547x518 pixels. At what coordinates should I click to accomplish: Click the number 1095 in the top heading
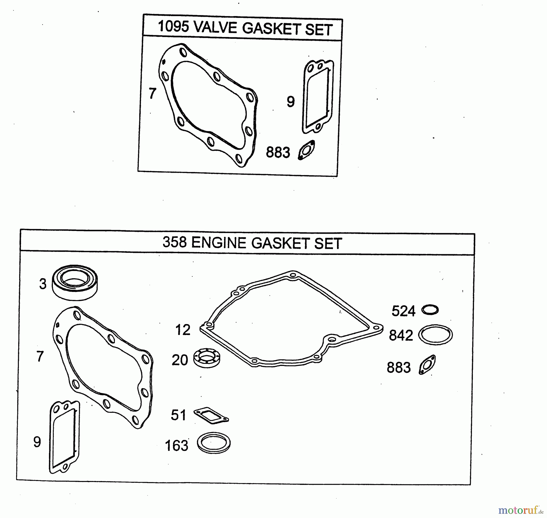point(173,27)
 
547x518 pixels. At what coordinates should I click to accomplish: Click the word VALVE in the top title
point(215,28)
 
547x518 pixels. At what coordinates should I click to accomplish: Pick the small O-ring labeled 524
point(430,310)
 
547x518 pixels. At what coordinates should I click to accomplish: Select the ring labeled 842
point(435,335)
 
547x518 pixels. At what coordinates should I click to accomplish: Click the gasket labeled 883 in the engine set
point(427,365)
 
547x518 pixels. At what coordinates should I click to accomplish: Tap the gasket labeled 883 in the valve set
point(306,150)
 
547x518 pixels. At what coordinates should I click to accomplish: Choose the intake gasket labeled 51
point(211,415)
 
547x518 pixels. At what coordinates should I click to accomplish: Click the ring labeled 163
point(214,443)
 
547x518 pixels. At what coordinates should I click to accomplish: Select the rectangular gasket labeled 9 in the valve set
point(318,96)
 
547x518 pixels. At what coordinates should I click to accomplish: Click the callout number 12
point(183,330)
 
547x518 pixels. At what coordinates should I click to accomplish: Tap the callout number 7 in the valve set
point(153,93)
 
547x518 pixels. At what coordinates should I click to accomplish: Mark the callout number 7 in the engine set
point(40,356)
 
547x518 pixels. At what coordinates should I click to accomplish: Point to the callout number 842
point(401,335)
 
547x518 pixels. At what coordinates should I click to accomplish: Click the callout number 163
point(177,446)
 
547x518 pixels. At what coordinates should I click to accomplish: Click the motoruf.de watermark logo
point(521,510)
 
